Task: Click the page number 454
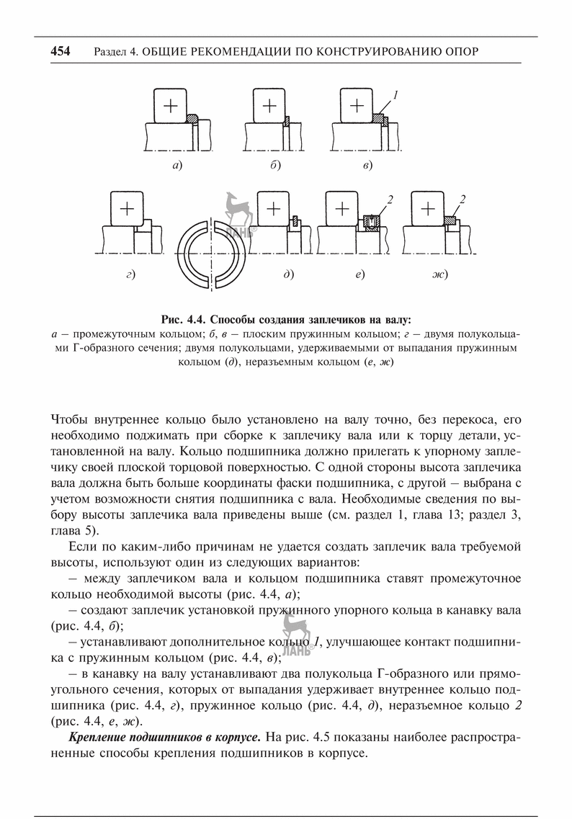(x=61, y=51)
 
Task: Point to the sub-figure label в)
(x=367, y=166)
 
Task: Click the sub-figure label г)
(x=130, y=274)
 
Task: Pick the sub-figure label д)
(x=288, y=274)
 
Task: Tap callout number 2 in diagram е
(x=388, y=199)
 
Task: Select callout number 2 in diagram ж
(x=462, y=199)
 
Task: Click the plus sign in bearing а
(x=170, y=106)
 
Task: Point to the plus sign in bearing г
(x=128, y=209)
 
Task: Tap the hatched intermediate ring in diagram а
(x=192, y=119)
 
